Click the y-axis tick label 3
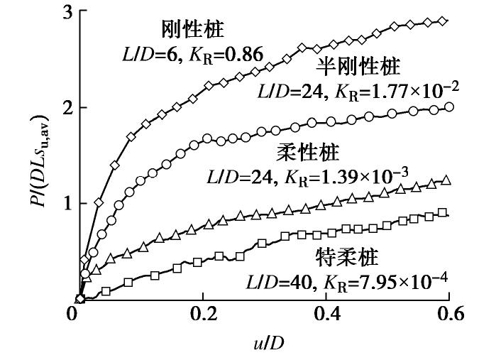coord(64,12)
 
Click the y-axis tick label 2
coord(64,108)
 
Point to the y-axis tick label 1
coord(64,204)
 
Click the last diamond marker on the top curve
coord(443,21)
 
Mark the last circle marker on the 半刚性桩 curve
coord(448,107)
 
